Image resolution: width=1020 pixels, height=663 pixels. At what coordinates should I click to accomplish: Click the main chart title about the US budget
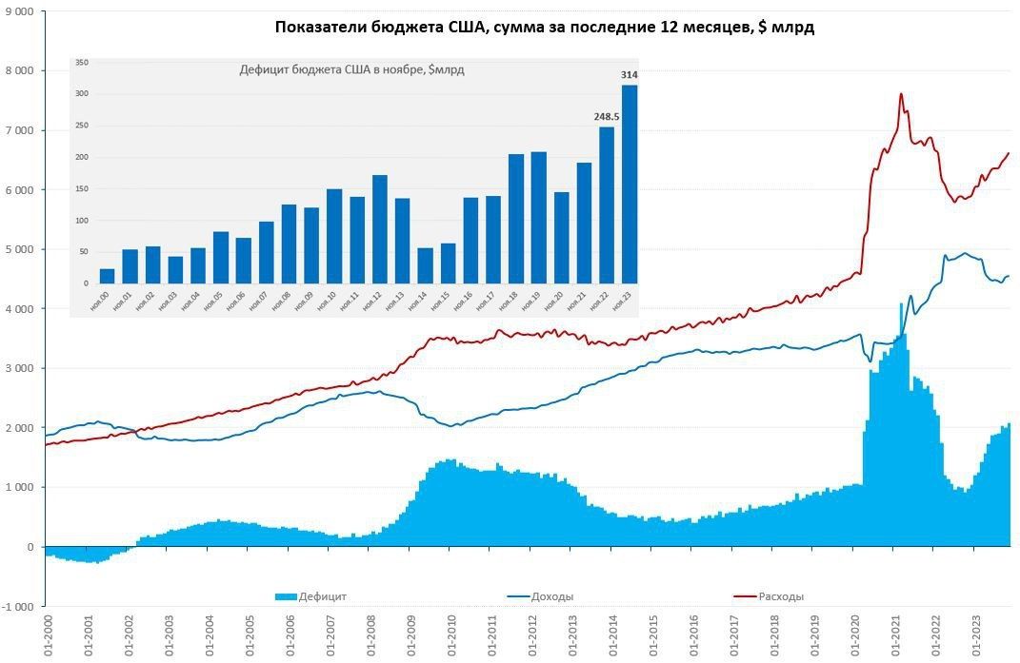tap(544, 28)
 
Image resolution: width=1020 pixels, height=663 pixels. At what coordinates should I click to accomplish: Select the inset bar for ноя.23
tap(630, 185)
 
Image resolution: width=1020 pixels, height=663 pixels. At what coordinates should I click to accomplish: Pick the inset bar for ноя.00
tap(108, 276)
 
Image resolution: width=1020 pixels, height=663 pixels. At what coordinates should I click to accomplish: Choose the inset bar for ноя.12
tap(380, 229)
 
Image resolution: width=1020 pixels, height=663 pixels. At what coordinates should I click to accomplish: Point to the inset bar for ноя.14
tap(425, 265)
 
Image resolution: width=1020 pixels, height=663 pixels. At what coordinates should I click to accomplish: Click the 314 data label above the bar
tap(630, 75)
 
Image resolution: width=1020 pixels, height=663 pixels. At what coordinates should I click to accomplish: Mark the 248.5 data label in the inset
tap(605, 117)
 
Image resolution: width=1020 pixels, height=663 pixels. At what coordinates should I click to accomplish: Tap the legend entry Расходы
tap(780, 596)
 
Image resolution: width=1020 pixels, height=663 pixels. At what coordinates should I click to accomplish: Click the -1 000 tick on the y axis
tap(18, 606)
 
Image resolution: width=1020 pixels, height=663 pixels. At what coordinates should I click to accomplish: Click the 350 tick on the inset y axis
tap(82, 63)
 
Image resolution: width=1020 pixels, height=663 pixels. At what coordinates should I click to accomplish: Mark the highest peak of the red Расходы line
tap(900, 94)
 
